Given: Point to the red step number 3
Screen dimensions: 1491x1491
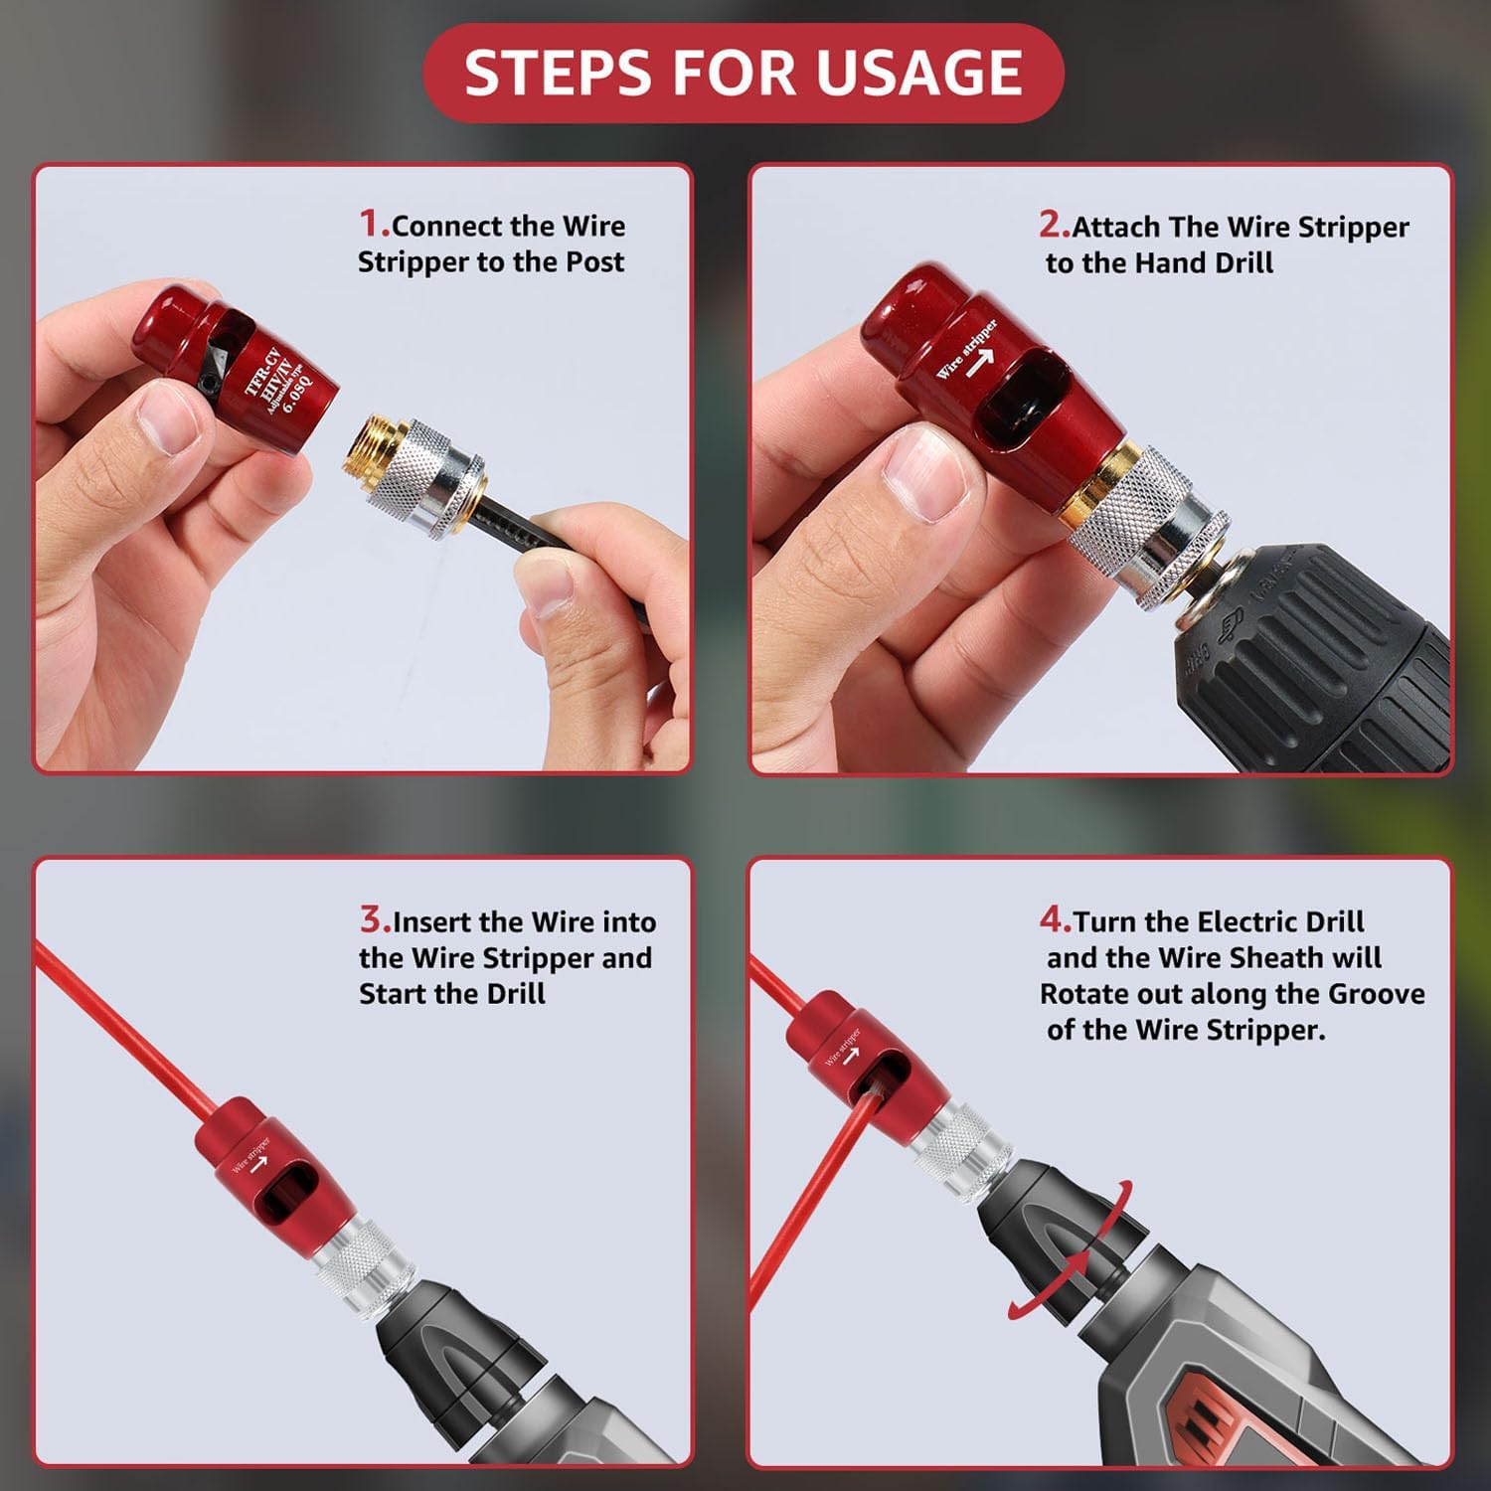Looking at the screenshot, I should [x=373, y=919].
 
